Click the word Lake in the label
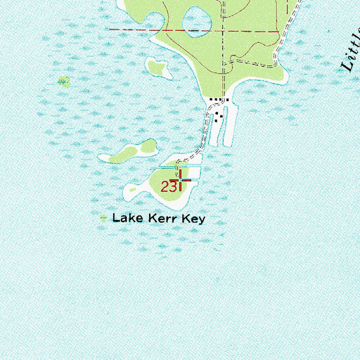pyautogui.click(x=130, y=219)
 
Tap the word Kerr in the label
pyautogui.click(x=162, y=219)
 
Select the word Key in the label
pyautogui.click(x=192, y=219)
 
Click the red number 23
pyautogui.click(x=167, y=187)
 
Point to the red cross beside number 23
pyautogui.click(x=182, y=181)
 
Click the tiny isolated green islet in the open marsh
pyautogui.click(x=64, y=82)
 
